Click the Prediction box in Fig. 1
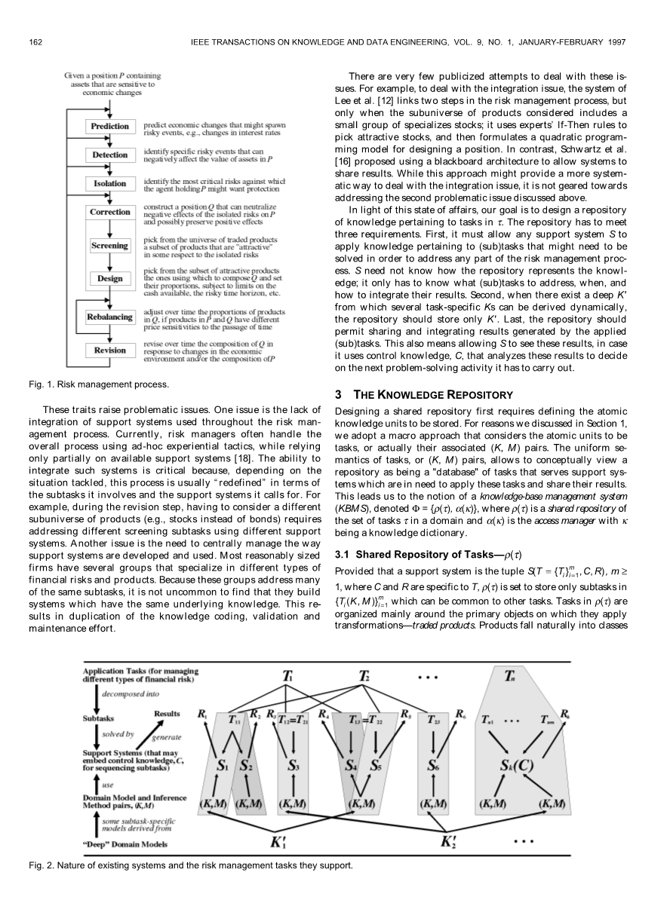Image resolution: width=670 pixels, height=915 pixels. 110,126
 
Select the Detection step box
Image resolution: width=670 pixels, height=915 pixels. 110,155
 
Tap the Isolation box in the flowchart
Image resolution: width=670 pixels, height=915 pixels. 110,183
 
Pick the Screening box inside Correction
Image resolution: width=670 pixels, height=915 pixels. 110,246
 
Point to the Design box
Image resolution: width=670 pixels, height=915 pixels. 110,279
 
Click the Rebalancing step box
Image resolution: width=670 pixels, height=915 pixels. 110,317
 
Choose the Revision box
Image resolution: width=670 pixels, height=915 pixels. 110,350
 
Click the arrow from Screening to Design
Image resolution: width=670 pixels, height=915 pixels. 110,262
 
